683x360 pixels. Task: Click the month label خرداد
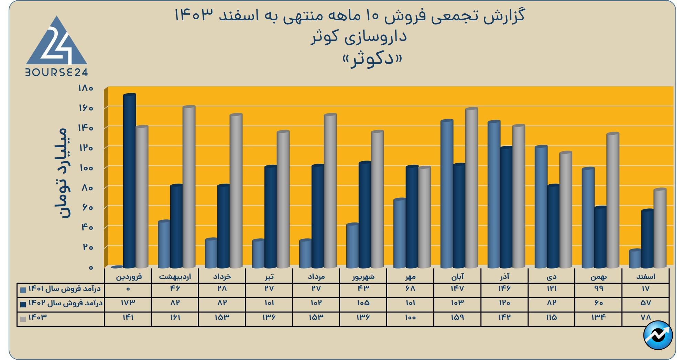coord(222,276)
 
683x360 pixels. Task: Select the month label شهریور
coord(363,276)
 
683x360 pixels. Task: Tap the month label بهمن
coord(599,276)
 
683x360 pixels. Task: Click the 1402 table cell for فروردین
coord(128,303)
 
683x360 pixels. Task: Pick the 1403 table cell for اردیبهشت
coord(175,317)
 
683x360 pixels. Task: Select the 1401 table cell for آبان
coord(457,288)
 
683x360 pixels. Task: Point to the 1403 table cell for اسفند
coord(646,317)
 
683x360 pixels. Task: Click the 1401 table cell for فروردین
coord(128,288)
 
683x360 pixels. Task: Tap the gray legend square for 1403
coord(23,319)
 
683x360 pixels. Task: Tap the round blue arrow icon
coord(658,335)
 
